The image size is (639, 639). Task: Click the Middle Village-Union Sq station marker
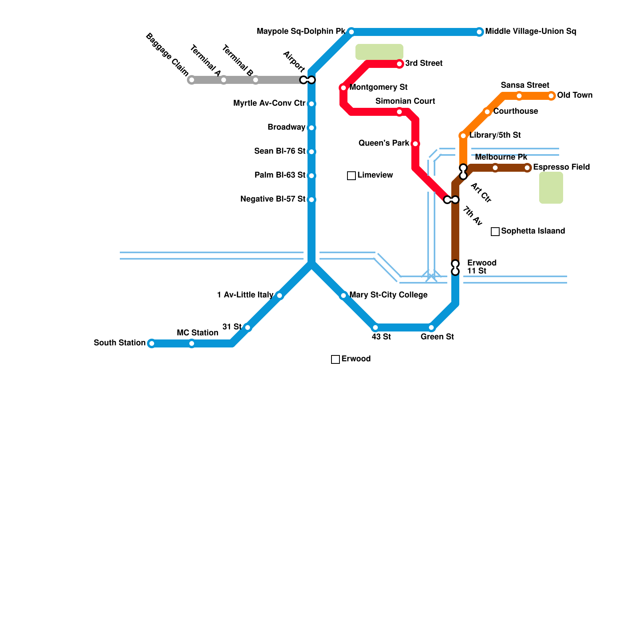(479, 32)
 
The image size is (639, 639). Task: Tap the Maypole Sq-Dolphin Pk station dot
(351, 32)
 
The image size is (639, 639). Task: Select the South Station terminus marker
(151, 343)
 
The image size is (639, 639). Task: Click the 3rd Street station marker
(399, 64)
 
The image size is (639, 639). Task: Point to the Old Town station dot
(551, 96)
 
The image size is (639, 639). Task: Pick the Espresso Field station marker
(527, 168)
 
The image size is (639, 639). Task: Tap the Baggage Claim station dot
(192, 80)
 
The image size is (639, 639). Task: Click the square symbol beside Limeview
(351, 176)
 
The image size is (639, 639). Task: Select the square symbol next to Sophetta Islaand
(495, 232)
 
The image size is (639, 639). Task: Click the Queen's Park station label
(384, 143)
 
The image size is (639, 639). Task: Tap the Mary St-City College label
(388, 295)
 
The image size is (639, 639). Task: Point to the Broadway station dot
(312, 128)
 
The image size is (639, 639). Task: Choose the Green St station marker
(431, 327)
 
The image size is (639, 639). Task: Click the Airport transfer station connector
(308, 80)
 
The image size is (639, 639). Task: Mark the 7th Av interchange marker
(451, 200)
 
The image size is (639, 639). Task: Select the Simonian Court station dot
(399, 112)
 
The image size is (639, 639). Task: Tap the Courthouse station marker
(487, 112)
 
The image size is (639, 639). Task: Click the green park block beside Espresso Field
(551, 188)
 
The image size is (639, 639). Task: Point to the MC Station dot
(192, 343)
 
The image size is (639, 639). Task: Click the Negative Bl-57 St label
(273, 199)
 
